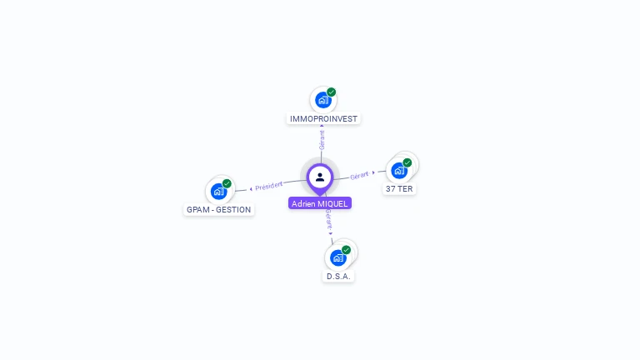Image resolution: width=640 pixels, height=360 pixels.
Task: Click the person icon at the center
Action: (x=320, y=177)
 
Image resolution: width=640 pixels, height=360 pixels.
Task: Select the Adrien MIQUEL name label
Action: (x=320, y=203)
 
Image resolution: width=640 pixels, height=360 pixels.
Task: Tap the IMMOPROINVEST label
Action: (x=323, y=119)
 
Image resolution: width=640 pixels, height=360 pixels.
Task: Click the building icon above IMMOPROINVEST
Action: (x=322, y=100)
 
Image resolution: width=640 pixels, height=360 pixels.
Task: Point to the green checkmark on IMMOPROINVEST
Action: (x=332, y=92)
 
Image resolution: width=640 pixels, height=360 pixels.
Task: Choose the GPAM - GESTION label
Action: (x=218, y=210)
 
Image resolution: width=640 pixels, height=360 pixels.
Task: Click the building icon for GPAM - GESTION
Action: (x=218, y=191)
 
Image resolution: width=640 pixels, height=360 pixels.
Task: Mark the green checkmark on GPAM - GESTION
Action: (x=227, y=183)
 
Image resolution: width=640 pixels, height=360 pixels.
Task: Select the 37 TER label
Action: (x=399, y=189)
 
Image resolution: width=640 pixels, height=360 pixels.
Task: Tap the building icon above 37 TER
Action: (x=399, y=170)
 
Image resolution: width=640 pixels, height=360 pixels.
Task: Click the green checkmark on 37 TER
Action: (x=407, y=162)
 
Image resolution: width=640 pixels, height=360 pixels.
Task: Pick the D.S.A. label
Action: (x=338, y=276)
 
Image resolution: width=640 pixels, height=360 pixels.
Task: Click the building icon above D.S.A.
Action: (x=337, y=257)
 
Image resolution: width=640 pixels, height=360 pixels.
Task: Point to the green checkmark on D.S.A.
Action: (x=347, y=249)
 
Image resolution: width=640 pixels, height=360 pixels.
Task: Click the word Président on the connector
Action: (x=269, y=186)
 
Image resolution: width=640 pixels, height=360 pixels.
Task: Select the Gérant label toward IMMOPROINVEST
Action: (x=322, y=140)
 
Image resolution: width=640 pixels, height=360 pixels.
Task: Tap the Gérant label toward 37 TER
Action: (x=359, y=175)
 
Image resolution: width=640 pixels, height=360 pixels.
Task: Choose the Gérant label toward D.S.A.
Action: (x=328, y=219)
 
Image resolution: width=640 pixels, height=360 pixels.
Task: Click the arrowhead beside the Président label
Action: (x=251, y=188)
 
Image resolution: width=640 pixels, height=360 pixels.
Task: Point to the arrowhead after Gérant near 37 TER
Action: (x=373, y=172)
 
